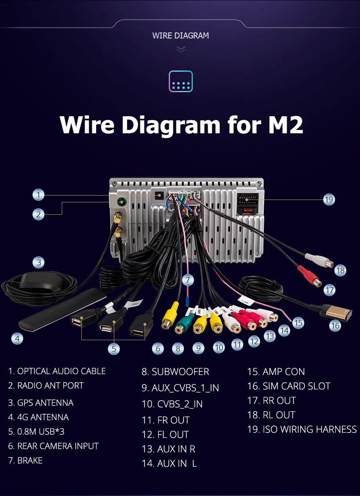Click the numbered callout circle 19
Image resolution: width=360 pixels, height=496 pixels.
point(329,199)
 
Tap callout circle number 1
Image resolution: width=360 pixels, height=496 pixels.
point(38,195)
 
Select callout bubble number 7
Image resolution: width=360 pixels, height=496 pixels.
point(188,280)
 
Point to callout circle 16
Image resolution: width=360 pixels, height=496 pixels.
point(335,325)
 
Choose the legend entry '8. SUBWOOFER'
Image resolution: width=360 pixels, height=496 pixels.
point(175,372)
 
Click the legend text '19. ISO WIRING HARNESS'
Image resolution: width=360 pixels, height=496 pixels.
point(301,429)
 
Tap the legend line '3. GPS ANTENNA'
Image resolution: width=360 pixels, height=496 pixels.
point(40,403)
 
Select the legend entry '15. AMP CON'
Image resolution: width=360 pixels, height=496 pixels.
point(276,372)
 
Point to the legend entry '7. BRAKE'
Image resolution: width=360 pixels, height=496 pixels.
point(25,460)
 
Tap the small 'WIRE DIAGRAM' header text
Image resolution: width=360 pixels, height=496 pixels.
point(180,36)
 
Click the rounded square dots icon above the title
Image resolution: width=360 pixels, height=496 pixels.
point(181,82)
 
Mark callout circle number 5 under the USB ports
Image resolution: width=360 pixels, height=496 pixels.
point(114,349)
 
